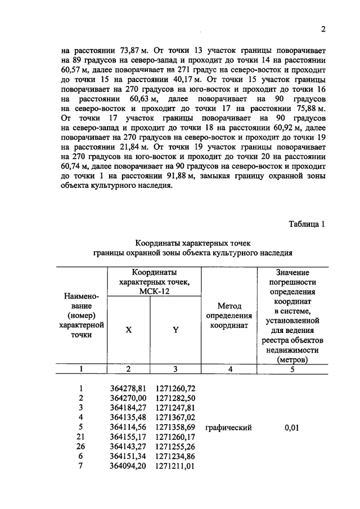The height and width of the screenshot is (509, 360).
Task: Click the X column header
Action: pyautogui.click(x=128, y=330)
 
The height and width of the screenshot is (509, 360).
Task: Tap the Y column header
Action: pyautogui.click(x=175, y=330)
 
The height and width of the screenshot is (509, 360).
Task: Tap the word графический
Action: pyautogui.click(x=228, y=427)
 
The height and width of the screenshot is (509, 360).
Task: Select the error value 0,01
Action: pyautogui.click(x=291, y=427)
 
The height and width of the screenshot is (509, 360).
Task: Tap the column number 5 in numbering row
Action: pyautogui.click(x=291, y=369)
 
